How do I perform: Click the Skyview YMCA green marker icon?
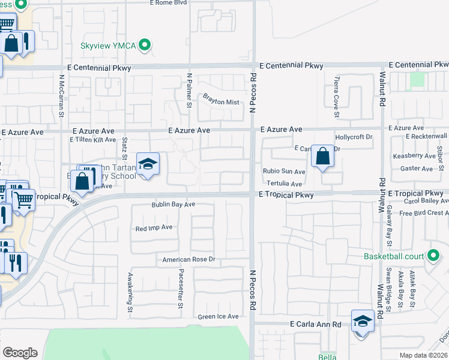tap(144, 45)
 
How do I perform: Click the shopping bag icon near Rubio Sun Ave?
tap(322, 157)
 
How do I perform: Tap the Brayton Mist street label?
tap(221, 102)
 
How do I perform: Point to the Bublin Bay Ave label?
tap(173, 205)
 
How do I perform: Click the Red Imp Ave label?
tap(154, 228)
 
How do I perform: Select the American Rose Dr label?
tap(188, 260)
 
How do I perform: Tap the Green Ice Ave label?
tap(218, 316)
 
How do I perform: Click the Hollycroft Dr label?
tap(354, 137)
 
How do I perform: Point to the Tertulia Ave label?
tap(285, 184)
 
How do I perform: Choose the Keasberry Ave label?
tap(414, 156)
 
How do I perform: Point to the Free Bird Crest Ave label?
tap(423, 213)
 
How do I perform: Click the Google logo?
tap(20, 353)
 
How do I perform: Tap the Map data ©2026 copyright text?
tap(424, 355)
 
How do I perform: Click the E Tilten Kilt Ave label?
tap(92, 140)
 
